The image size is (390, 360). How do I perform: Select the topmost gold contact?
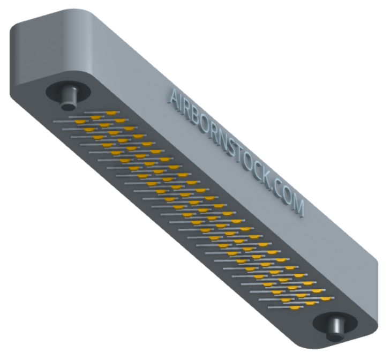click(x=111, y=113)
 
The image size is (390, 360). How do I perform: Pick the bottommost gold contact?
click(x=295, y=308)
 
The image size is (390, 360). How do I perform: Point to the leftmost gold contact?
click(x=80, y=122)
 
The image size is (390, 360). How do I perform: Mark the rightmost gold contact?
click(x=326, y=299)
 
